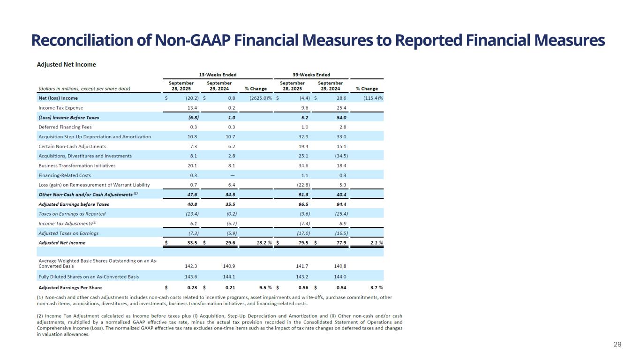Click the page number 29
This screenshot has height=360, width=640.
617,345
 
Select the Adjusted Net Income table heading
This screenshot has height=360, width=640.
67,64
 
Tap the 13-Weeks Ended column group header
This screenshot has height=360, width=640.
218,75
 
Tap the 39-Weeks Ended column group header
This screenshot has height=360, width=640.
311,75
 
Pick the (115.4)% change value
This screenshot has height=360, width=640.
373,98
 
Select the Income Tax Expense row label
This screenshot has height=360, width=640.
61,107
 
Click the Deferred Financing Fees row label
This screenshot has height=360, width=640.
65,127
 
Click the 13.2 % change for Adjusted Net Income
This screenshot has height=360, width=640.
264,243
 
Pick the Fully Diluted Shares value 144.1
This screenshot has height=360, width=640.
229,277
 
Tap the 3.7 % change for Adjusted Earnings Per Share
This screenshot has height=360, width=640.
375,287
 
